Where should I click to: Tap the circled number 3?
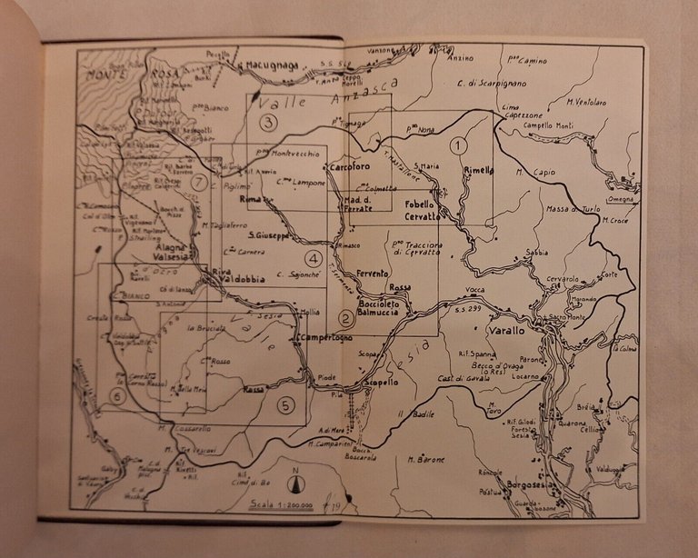pos(268,121)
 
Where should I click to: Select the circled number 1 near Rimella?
pos(459,143)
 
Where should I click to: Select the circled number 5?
pos(286,405)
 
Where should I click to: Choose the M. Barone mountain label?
pos(426,459)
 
